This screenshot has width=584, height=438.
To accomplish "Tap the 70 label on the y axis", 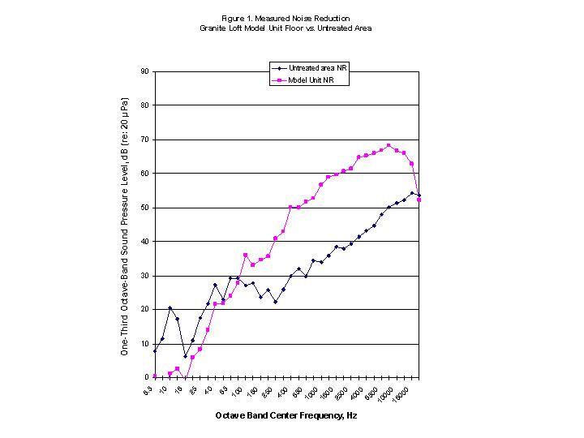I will pyautogui.click(x=144, y=140).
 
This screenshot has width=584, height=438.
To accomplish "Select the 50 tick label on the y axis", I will pyautogui.click(x=144, y=208).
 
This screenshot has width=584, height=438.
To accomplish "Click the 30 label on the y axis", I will pyautogui.click(x=144, y=276).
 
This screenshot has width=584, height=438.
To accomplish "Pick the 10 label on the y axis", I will pyautogui.click(x=144, y=344).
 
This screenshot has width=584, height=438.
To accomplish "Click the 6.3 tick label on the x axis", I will pyautogui.click(x=149, y=391).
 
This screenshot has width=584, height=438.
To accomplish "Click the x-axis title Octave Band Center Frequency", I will pyautogui.click(x=286, y=415).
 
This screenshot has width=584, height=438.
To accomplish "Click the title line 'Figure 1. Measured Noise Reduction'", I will pyautogui.click(x=286, y=18).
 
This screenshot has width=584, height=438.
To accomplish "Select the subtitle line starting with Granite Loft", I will pyautogui.click(x=286, y=28).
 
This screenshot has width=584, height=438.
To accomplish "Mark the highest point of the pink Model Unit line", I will pyautogui.click(x=389, y=146).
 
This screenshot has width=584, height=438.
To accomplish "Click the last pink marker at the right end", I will pyautogui.click(x=419, y=200).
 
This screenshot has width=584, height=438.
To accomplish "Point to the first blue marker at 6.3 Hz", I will pyautogui.click(x=155, y=351).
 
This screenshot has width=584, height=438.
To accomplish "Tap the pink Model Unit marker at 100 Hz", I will pyautogui.click(x=245, y=255).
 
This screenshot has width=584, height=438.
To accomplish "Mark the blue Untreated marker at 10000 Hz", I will pyautogui.click(x=389, y=207).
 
